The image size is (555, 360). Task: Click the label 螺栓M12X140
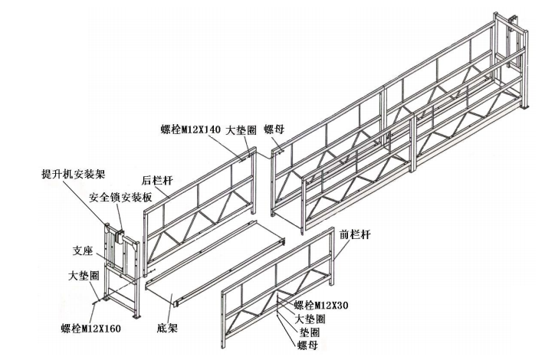coord(190,130)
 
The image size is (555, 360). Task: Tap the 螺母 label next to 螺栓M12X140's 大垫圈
coord(275,130)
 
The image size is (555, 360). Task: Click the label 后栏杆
coord(156,181)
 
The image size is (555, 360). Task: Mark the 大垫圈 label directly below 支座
coord(84,274)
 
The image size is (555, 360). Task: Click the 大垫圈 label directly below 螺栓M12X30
coord(310,318)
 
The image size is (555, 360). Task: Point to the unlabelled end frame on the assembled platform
coord(511,61)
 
